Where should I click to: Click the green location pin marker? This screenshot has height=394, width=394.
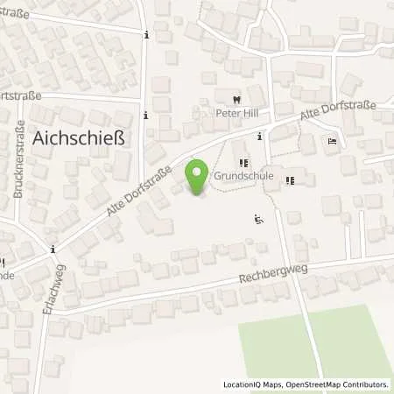point(199,174)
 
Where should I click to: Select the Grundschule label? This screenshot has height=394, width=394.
point(243,176)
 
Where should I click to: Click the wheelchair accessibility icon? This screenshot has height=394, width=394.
point(257,219)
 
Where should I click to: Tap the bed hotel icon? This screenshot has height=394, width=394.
point(332,141)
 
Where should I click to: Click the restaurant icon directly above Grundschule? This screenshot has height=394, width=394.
point(243,163)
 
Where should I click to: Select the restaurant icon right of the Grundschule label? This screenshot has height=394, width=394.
point(290,181)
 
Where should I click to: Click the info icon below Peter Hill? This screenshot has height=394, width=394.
point(259,137)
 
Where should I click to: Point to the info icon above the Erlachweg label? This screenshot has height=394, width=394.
point(53,248)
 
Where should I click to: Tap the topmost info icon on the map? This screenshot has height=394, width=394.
point(145,34)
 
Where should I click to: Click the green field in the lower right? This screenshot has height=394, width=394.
point(315,346)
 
